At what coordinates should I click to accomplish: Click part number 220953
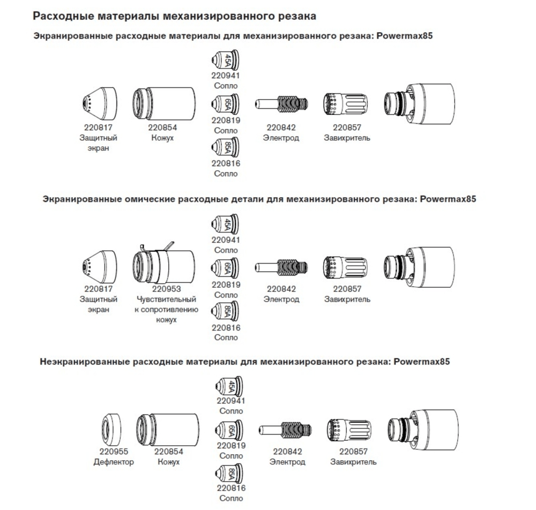point(166,289)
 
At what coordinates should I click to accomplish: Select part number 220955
point(114,452)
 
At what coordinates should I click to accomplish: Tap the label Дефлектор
point(114,462)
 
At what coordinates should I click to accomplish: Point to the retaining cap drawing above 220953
point(164,265)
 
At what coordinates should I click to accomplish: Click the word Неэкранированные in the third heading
point(85,362)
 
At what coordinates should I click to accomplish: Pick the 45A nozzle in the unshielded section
point(229,386)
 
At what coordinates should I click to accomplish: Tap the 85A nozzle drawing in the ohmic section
point(225,311)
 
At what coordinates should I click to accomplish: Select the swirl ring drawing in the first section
point(346,103)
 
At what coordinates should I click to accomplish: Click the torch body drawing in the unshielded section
point(423,430)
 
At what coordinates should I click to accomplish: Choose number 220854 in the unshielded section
point(168,452)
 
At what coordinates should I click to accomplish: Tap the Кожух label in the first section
point(162,138)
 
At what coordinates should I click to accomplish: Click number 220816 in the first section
point(226,163)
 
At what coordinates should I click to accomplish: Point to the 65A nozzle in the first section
point(225,103)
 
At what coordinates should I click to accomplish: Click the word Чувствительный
point(166,299)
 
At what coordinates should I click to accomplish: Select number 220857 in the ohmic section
point(347,289)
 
